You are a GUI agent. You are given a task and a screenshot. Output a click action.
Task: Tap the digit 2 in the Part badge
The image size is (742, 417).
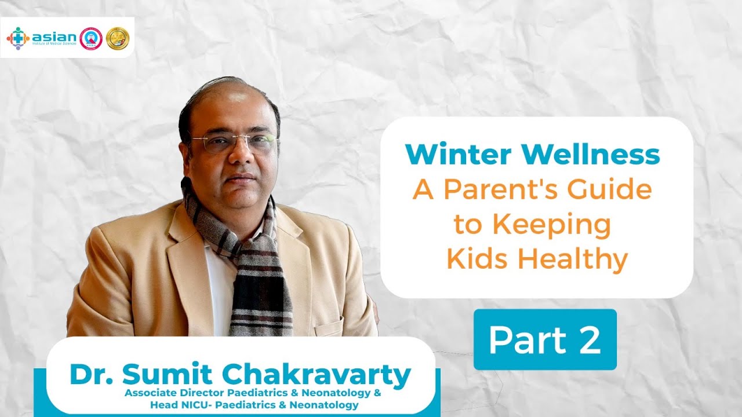[x=588, y=341]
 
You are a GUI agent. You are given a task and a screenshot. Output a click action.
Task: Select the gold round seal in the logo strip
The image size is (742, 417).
[x=118, y=38]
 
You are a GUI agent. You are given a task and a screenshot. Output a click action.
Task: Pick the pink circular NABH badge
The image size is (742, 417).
[x=90, y=38]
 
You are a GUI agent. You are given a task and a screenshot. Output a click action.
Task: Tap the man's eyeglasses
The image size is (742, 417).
[x=234, y=142]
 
